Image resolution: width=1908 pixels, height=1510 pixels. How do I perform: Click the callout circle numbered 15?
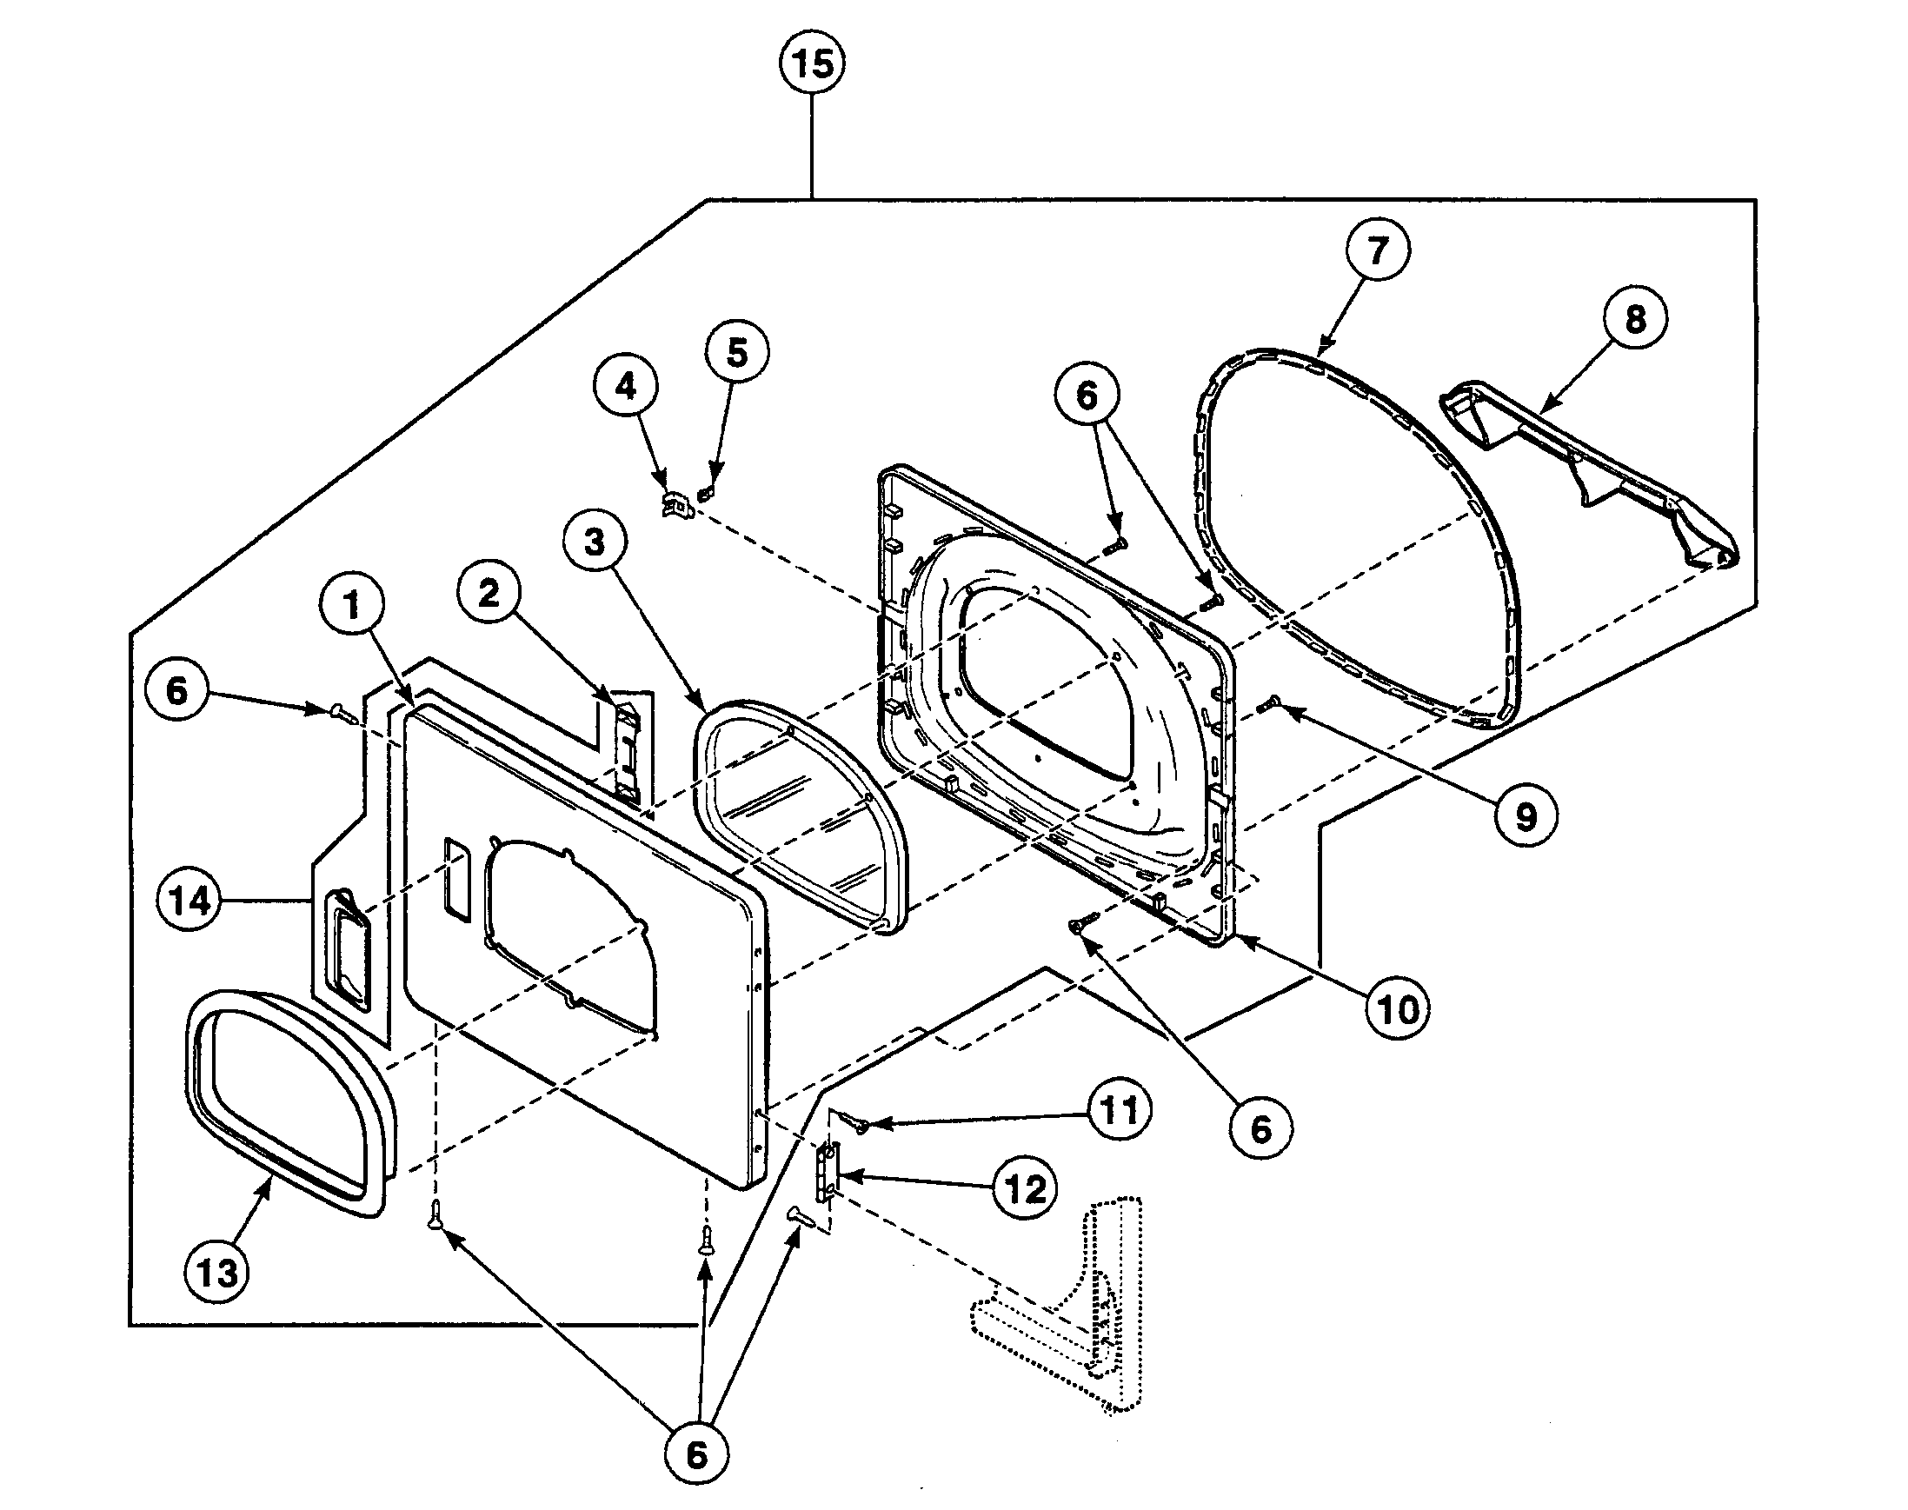click(812, 63)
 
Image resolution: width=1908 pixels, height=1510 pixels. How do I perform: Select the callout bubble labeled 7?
click(1377, 250)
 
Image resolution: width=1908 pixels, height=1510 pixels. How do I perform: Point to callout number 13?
click(216, 1273)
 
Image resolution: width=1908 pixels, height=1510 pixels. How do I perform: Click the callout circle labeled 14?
click(189, 901)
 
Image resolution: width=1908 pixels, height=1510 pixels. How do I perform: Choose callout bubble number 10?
click(1398, 1008)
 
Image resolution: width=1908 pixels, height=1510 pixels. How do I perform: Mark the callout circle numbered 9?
click(1526, 816)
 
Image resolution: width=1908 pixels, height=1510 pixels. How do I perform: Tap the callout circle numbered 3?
click(595, 541)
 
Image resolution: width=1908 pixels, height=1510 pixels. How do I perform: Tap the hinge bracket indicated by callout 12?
click(828, 1173)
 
